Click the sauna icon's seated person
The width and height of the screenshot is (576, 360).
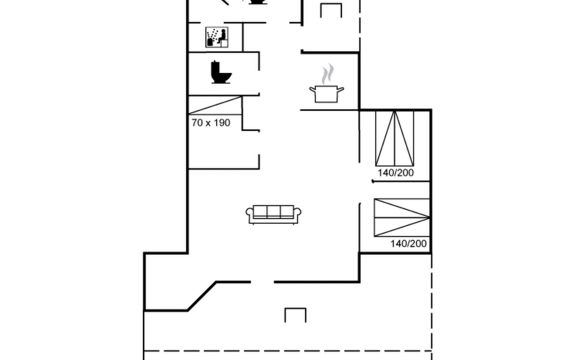point(222,37)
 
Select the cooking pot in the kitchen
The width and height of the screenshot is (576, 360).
point(326,94)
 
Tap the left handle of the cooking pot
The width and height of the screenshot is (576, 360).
point(312,89)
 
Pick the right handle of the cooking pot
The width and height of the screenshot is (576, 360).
point(341,89)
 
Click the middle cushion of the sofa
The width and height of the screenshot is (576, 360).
point(274,211)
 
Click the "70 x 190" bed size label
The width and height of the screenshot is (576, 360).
point(211,123)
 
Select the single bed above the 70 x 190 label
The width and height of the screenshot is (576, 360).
point(215,105)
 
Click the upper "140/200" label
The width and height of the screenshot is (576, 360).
point(396,173)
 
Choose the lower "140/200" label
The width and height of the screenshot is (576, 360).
point(408,244)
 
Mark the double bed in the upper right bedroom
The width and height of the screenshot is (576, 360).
point(394,138)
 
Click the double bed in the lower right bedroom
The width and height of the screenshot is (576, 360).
point(402,217)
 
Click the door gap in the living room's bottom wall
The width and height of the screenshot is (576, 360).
point(262,282)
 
